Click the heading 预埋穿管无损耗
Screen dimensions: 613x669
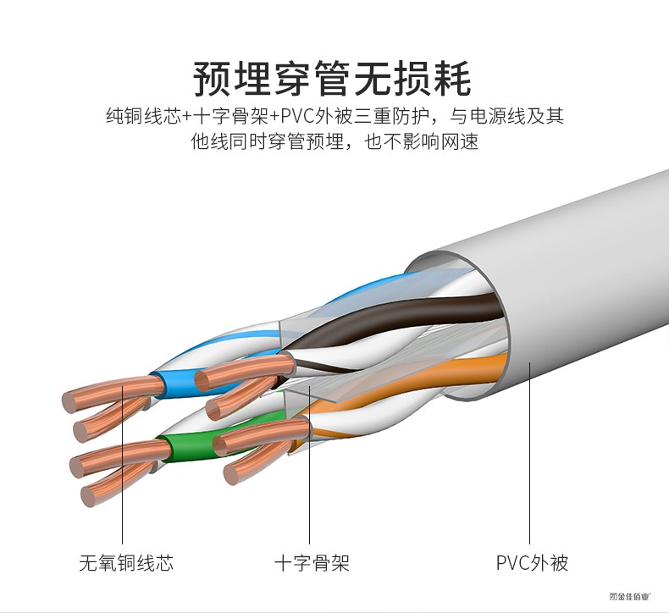pos(332,78)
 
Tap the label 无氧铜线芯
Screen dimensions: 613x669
pos(125,562)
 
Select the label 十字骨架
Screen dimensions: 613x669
pos(311,562)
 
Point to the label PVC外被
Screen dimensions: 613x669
pos(532,562)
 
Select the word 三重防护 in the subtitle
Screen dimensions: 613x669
pos(403,116)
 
